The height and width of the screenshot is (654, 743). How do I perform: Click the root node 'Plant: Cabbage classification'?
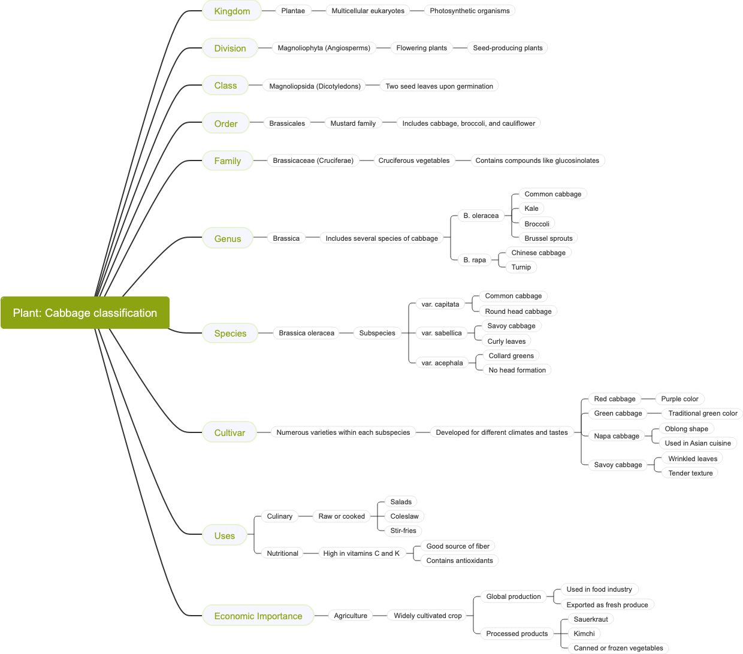(x=85, y=313)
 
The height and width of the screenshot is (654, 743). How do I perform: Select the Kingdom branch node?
(x=232, y=11)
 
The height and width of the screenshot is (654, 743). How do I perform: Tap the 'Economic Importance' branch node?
(x=258, y=616)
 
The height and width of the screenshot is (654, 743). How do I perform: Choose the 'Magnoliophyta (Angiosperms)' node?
(x=324, y=48)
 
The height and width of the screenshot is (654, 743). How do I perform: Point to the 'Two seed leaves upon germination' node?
(x=439, y=86)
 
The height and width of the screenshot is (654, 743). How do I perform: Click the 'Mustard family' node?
(x=353, y=123)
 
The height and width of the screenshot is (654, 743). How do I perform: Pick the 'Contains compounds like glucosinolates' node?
(x=537, y=161)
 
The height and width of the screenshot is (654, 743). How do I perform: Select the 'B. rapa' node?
(x=475, y=260)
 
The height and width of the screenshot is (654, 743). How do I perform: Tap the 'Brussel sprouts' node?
(x=548, y=238)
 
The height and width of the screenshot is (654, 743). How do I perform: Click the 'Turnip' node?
(x=521, y=267)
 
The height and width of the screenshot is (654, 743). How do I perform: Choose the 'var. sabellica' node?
(x=442, y=333)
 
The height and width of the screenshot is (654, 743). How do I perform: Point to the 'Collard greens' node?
(x=511, y=356)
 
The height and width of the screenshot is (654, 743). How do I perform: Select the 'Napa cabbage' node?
(x=617, y=436)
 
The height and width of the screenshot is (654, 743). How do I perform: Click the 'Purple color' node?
(x=679, y=399)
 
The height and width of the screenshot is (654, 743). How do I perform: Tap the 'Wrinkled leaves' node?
(x=693, y=459)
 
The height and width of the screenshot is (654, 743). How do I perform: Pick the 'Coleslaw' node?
(x=404, y=516)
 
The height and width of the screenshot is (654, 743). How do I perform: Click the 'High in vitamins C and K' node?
(x=361, y=553)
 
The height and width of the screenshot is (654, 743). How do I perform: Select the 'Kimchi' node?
(x=584, y=634)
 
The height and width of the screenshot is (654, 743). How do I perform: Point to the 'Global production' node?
(x=514, y=597)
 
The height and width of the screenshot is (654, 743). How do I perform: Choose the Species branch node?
(x=230, y=333)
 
